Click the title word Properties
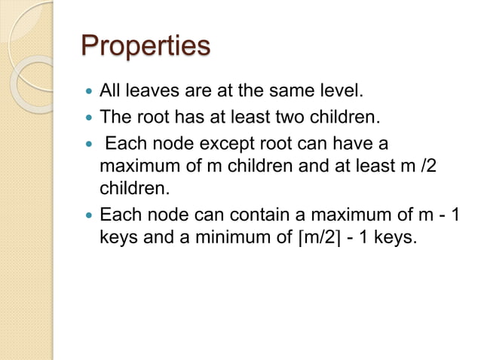(145, 45)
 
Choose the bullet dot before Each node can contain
(89, 214)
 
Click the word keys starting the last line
(117, 237)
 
